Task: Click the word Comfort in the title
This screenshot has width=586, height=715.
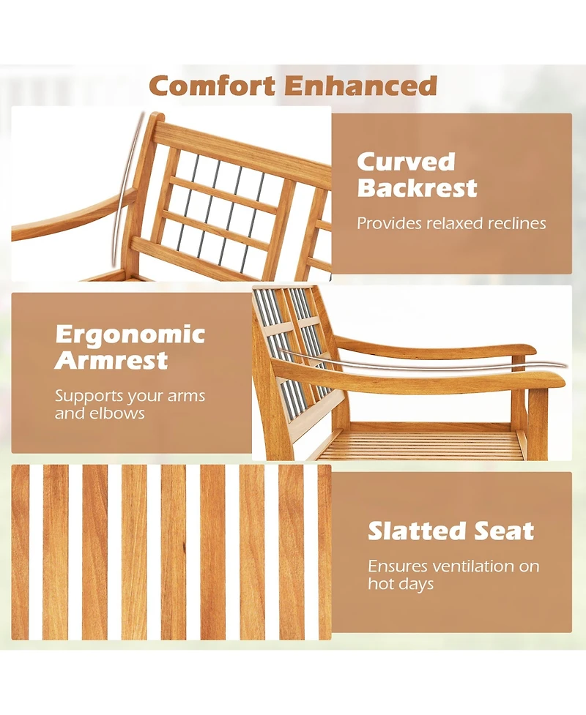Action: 213,86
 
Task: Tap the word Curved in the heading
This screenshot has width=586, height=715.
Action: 406,162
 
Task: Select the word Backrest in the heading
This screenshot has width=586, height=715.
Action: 417,188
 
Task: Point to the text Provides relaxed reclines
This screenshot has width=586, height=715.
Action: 451,223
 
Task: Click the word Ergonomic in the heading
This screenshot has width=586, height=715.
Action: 130,334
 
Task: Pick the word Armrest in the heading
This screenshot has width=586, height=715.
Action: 111,361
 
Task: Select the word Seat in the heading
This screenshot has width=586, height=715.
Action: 506,531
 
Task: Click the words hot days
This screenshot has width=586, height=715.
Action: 401,584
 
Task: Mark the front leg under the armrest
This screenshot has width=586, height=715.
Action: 538,424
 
